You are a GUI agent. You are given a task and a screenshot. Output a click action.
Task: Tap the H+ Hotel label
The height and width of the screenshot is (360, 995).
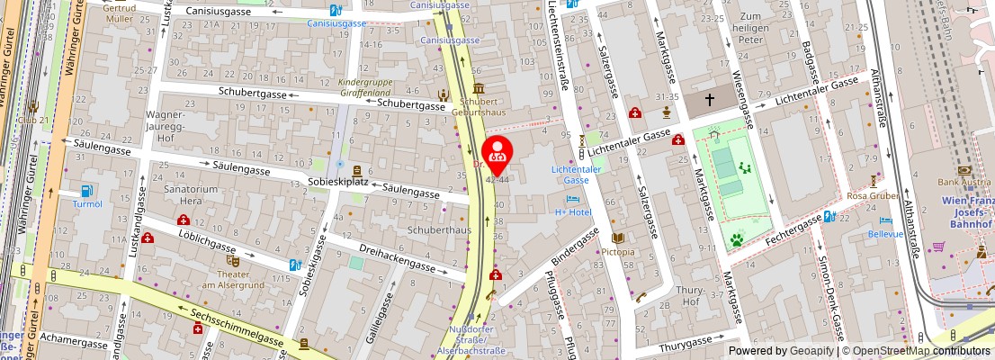571,211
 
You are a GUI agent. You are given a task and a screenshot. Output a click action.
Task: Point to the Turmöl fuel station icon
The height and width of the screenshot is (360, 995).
87,190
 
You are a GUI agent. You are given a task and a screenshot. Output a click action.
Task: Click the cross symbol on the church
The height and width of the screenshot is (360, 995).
710,100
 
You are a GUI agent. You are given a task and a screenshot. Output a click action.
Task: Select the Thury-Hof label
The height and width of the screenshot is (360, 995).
690,295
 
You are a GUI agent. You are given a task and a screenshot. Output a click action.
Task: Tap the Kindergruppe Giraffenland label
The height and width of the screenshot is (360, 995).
366,86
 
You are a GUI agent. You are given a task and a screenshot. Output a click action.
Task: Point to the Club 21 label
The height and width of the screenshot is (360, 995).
37,120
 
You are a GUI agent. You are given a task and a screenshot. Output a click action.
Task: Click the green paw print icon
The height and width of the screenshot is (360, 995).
736,240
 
